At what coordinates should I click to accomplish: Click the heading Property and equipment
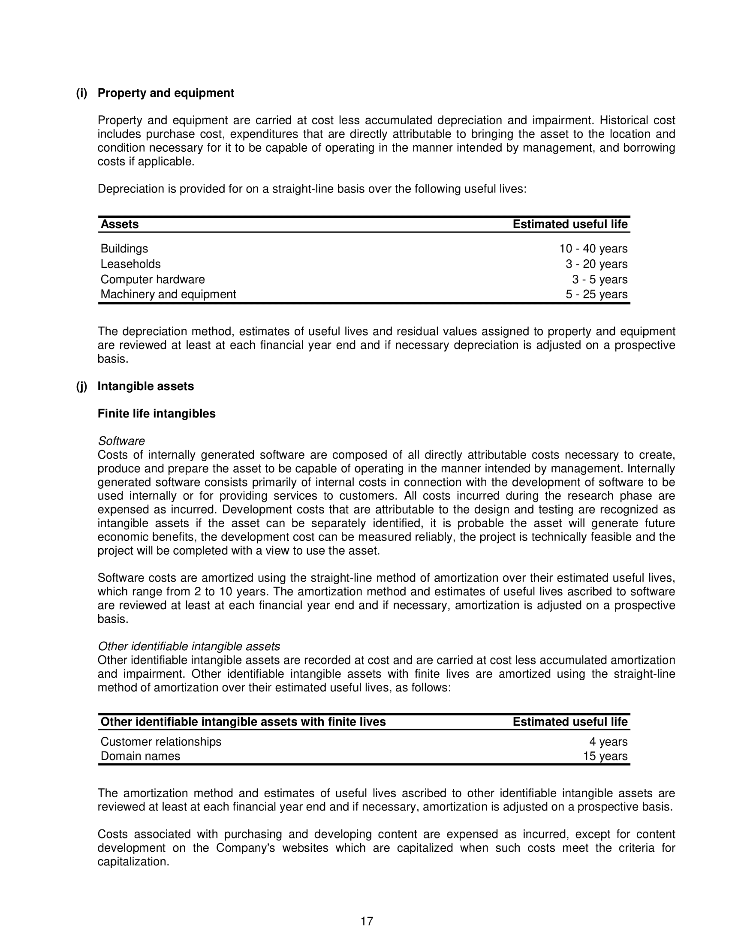pos(166,93)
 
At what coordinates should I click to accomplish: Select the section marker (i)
pos(81,93)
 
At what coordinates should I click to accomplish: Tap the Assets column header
pos(120,225)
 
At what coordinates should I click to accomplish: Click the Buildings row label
pos(124,249)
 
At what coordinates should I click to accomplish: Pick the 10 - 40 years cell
pos(593,249)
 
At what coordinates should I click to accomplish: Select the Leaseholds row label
pos(130,264)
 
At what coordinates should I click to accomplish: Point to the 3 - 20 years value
pos(596,264)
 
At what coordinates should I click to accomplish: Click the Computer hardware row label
pos(153,279)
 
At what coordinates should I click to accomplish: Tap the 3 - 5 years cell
pos(599,279)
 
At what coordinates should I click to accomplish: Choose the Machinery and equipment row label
pos(168,294)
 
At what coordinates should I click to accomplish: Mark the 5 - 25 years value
pos(596,294)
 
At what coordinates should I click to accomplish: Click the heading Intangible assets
pos(145,386)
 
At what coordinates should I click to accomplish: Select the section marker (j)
pos(81,386)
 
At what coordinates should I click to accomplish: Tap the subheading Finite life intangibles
pos(157,414)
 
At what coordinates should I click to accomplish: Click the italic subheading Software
pos(121,441)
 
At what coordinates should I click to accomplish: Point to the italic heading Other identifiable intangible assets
pos(189,646)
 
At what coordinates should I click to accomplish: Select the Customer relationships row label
pos(161,742)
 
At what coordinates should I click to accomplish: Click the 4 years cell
pos(608,742)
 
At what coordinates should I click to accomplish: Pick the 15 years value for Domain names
pos(605,756)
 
